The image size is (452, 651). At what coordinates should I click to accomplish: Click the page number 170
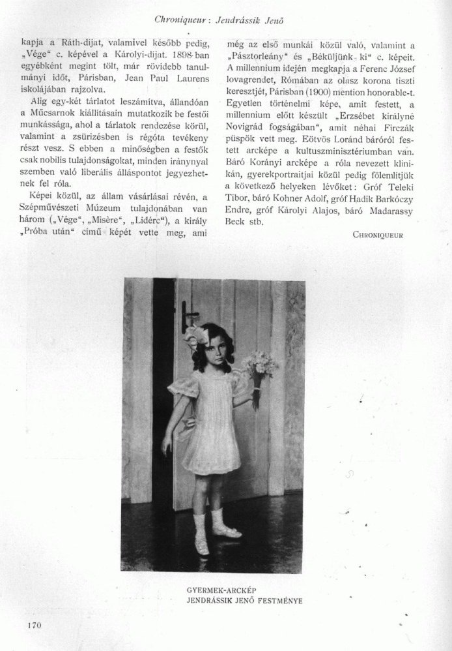(35, 626)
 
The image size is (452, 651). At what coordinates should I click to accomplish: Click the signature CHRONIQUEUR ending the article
(378, 234)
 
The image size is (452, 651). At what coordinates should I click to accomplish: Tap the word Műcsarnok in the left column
(60, 114)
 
